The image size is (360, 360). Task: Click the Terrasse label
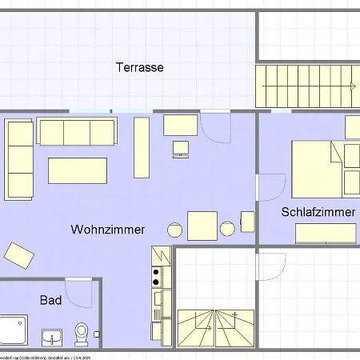[139, 68]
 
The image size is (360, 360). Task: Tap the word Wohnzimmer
[108, 230]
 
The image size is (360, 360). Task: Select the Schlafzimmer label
[318, 212]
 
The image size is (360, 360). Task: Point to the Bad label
[50, 300]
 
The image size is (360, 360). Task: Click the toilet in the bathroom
[81, 331]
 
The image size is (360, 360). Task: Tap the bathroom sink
[51, 334]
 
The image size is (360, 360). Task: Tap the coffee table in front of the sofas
[78, 170]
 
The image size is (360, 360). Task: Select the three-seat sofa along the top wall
[76, 132]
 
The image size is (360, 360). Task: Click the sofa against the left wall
[19, 160]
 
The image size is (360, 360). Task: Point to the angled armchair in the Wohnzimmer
[19, 256]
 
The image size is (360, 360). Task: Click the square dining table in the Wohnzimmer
[202, 225]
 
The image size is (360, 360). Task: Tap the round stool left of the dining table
[175, 229]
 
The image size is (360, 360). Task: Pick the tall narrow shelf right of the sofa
[142, 148]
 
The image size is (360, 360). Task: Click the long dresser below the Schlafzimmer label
[326, 233]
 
